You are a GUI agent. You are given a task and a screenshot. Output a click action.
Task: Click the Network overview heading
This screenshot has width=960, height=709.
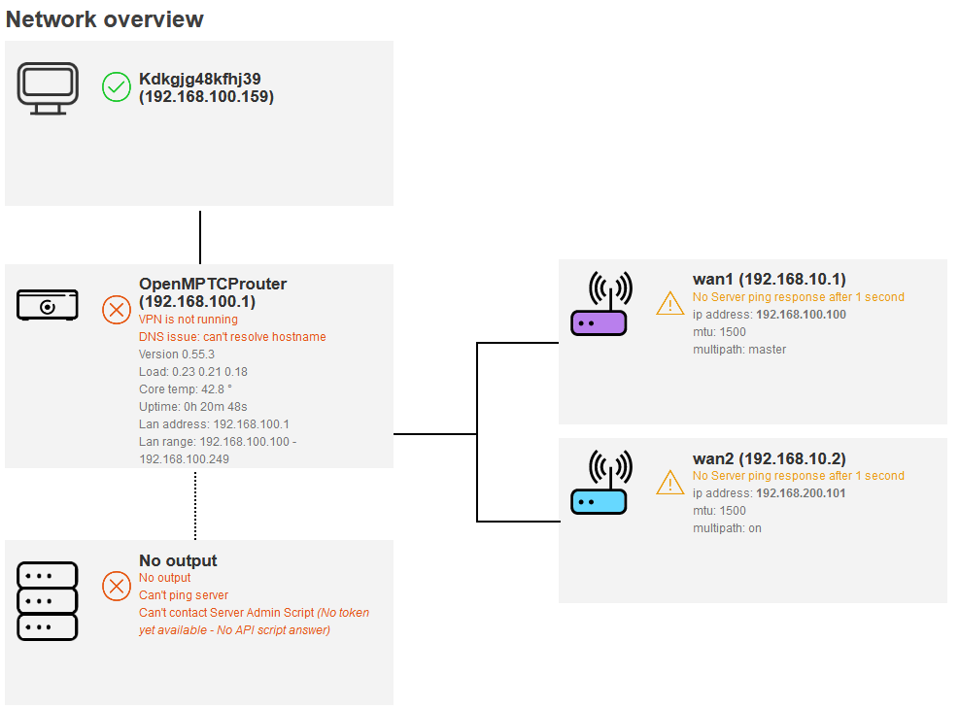(105, 19)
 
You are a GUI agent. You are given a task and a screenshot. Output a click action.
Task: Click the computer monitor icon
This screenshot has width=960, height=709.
(47, 88)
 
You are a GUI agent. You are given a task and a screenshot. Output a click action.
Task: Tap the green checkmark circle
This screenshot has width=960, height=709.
(117, 88)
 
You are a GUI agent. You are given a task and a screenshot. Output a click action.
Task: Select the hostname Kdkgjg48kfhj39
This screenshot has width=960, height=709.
(200, 79)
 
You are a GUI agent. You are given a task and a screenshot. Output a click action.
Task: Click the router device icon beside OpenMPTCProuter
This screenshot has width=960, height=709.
(47, 305)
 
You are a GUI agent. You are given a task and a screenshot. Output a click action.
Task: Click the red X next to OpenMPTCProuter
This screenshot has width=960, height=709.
(117, 310)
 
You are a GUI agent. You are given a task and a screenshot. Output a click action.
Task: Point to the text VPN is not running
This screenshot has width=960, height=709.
(189, 320)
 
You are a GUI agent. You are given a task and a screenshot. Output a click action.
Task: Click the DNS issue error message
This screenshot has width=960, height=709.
(232, 337)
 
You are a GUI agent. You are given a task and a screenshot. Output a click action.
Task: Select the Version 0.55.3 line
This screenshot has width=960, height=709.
(177, 354)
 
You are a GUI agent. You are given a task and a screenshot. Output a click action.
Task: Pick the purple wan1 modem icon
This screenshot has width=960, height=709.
(599, 304)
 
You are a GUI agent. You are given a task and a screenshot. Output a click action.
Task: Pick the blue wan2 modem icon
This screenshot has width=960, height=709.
(599, 483)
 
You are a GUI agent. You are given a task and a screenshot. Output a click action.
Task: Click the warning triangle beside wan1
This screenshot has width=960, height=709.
(670, 304)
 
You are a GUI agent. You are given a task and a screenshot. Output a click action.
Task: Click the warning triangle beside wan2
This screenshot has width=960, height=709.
(670, 483)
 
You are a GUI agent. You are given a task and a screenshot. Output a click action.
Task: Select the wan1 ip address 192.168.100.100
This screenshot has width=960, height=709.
(801, 315)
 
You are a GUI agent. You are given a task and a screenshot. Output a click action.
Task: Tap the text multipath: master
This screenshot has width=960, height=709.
(739, 350)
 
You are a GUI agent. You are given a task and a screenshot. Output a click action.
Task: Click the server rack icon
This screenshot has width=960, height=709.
(47, 601)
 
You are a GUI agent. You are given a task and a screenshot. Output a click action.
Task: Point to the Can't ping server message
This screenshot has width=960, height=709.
(184, 595)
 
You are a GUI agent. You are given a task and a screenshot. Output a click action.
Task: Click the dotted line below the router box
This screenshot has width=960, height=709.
(195, 505)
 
